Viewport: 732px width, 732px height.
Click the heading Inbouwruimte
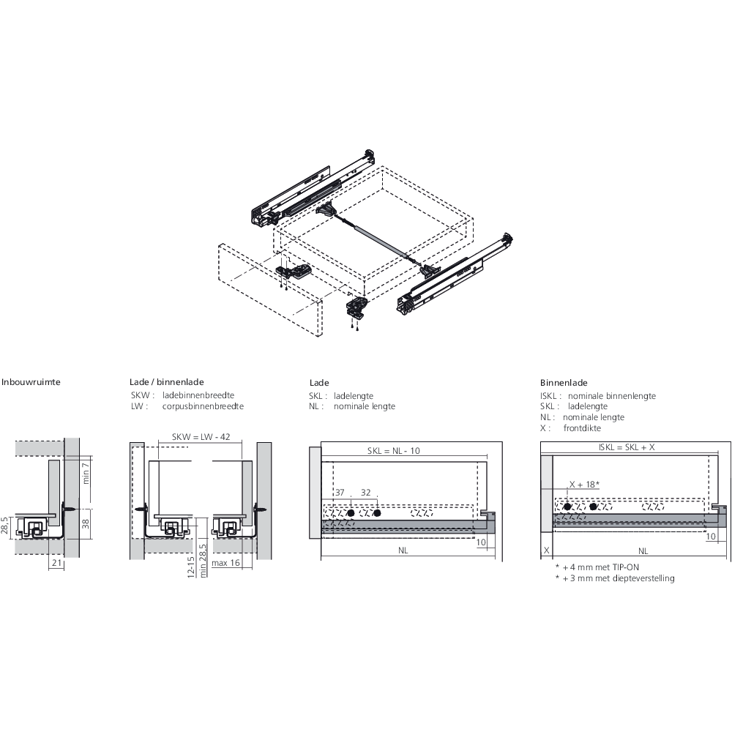[x=31, y=382]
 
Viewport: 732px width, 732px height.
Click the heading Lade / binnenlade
[x=167, y=382]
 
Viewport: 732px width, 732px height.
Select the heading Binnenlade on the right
[x=564, y=383]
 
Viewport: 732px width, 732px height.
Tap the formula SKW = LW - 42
[x=201, y=437]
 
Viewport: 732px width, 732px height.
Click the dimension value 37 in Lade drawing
[x=339, y=492]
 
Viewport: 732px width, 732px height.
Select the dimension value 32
[x=366, y=492]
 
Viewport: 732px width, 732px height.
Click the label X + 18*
[x=585, y=485]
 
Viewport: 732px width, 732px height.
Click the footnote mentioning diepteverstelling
[x=615, y=578]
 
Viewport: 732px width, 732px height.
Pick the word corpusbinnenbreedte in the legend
[x=203, y=406]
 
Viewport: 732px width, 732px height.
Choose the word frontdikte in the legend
[x=582, y=428]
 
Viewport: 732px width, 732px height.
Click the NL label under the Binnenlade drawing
[x=643, y=550]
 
